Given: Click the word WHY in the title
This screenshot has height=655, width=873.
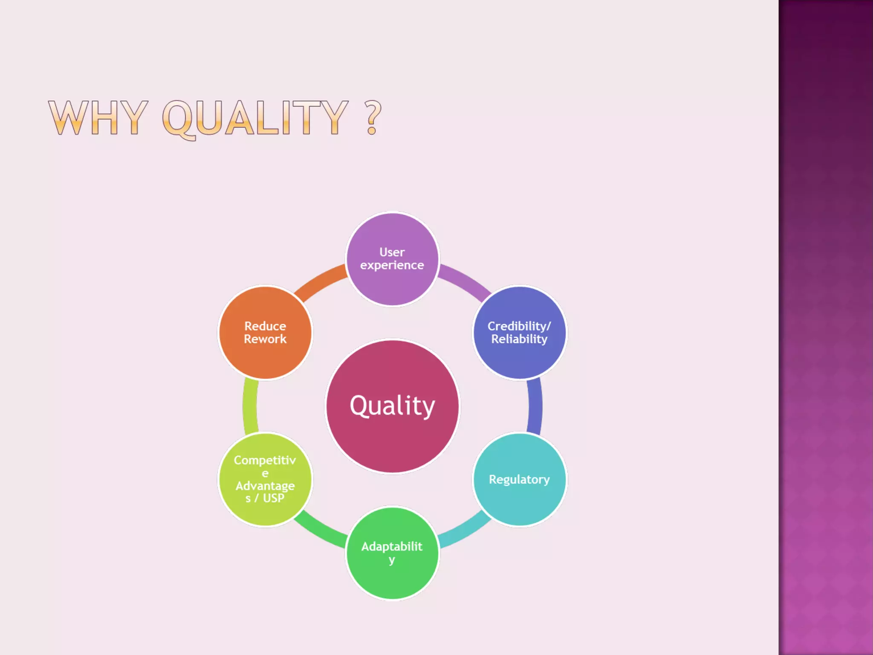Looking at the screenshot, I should click(x=98, y=118).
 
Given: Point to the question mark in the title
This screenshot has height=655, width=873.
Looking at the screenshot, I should click(x=373, y=118).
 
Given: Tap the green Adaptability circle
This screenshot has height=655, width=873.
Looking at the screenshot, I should click(x=392, y=580).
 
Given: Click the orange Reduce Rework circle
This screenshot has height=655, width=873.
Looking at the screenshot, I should click(x=265, y=358).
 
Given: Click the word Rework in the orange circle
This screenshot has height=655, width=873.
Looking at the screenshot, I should click(x=265, y=339).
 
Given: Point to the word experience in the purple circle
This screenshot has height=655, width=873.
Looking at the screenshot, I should click(x=392, y=265).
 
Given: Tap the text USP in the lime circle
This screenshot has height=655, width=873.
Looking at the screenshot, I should click(x=274, y=498).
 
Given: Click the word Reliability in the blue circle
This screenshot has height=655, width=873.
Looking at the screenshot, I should click(x=519, y=339).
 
